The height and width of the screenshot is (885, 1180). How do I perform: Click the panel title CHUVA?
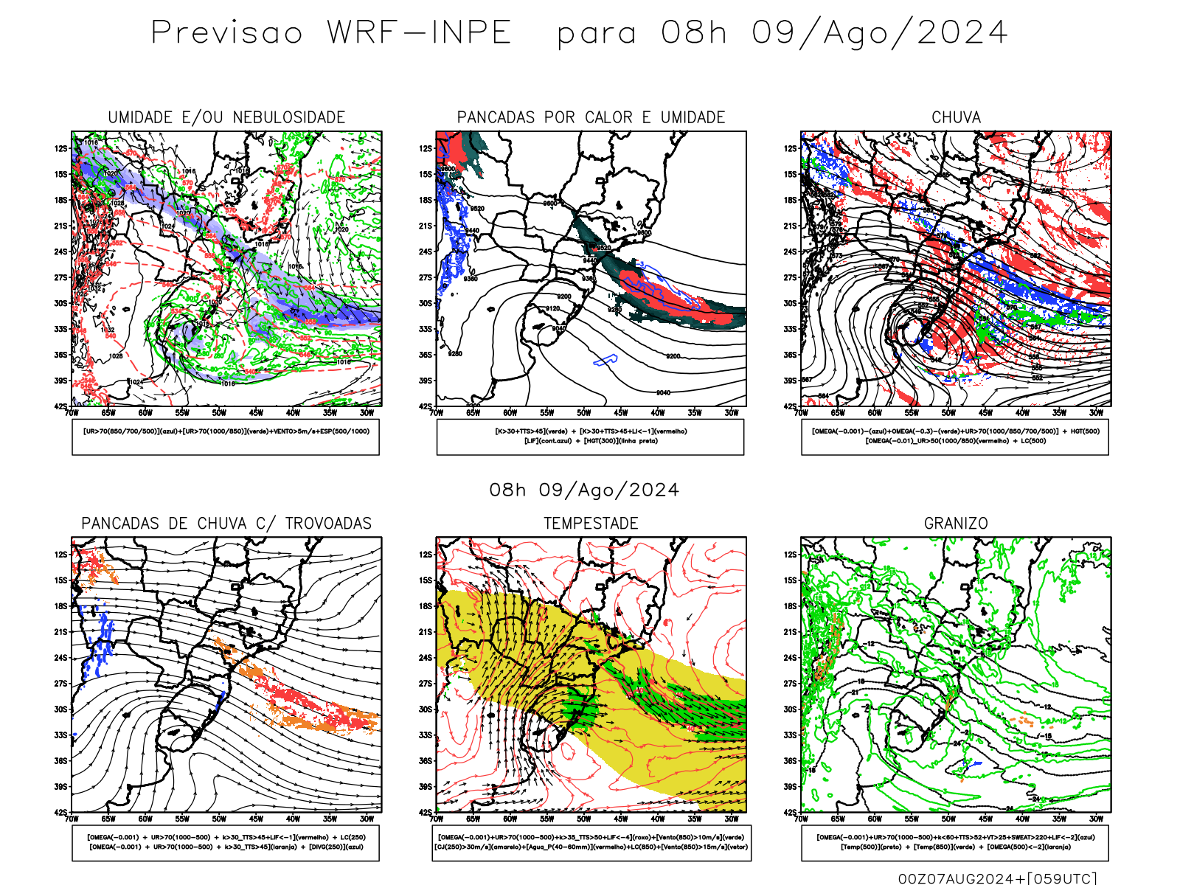[956, 117]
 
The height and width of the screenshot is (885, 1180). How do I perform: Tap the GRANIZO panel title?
[956, 524]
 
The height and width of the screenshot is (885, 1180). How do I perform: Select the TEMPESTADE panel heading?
[591, 524]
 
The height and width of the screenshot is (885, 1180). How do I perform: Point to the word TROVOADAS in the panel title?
[328, 524]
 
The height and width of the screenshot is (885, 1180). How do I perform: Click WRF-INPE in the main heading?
[419, 33]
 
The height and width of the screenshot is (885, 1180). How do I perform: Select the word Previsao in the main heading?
[227, 33]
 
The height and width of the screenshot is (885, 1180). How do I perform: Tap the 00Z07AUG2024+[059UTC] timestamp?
[997, 878]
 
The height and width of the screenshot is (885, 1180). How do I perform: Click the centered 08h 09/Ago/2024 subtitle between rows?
[584, 490]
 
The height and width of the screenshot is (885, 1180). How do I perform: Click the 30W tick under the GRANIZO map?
[1096, 819]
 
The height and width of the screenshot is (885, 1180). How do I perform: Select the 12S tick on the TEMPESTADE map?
[426, 555]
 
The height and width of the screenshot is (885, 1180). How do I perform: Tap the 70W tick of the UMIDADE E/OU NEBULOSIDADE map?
[72, 414]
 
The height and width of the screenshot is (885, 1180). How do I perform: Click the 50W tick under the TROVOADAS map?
[219, 819]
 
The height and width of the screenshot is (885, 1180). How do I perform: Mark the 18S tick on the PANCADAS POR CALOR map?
[426, 200]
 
